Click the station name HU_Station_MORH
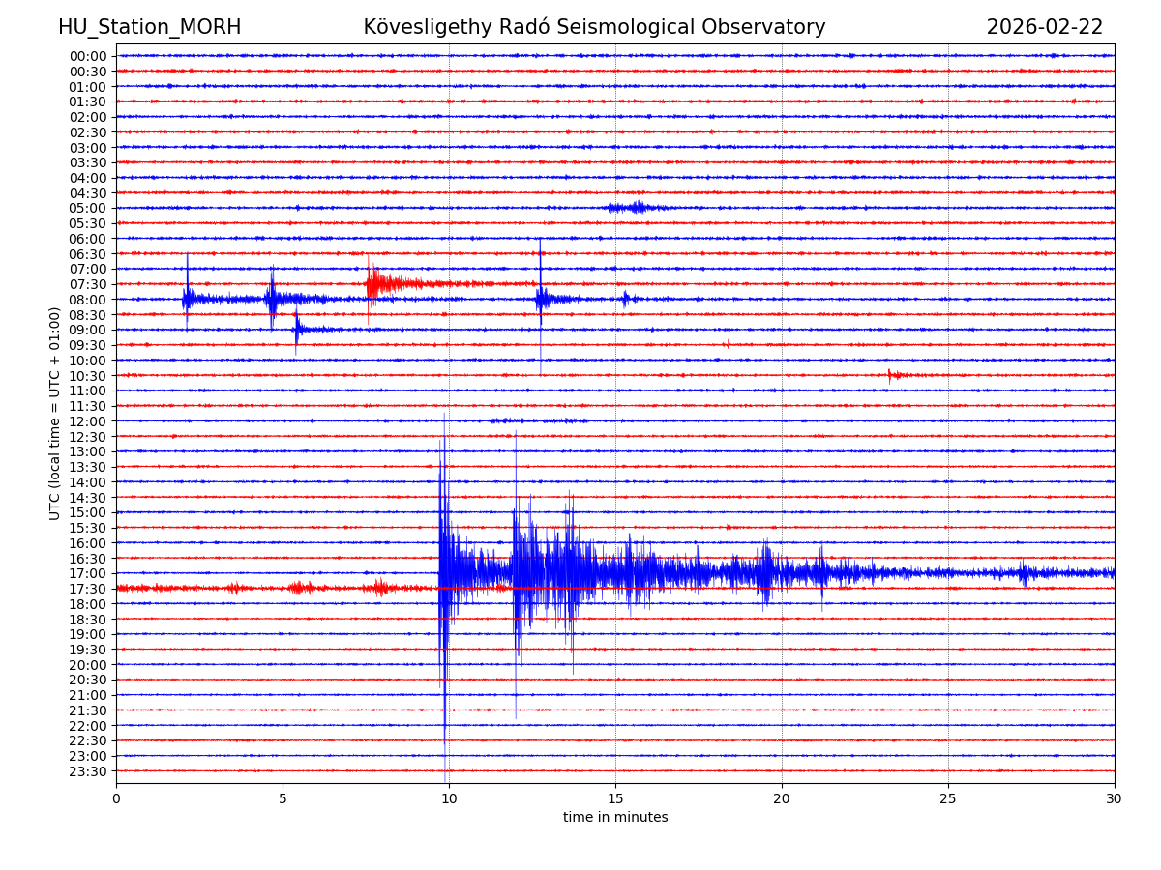point(149,28)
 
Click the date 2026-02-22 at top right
point(1044,28)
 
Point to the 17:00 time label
point(87,573)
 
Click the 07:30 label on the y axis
point(87,284)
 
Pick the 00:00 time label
point(87,56)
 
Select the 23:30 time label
point(87,771)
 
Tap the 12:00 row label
point(87,421)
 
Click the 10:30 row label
point(87,375)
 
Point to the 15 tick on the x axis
point(615,798)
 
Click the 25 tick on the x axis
point(948,798)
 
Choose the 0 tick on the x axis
point(116,798)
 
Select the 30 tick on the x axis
point(1115,798)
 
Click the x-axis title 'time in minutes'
point(615,818)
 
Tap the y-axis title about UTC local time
point(55,413)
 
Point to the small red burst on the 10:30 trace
point(896,374)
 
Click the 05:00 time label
point(87,208)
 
